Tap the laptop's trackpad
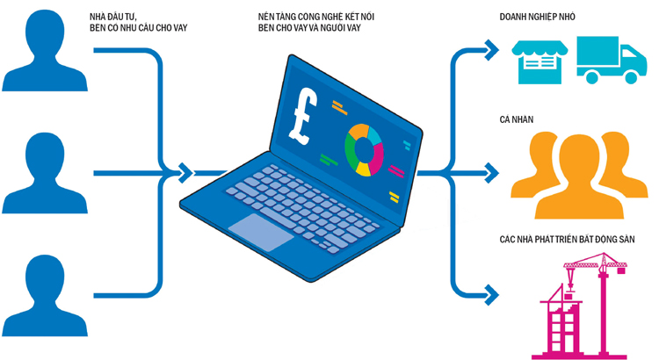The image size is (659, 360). [261, 227]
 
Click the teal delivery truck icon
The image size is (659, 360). [611, 59]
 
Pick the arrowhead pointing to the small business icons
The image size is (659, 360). [489, 51]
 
